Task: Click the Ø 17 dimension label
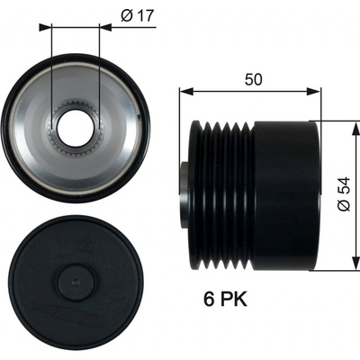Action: pos(137,15)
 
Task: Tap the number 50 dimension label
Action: pos(254,79)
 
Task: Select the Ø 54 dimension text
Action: pos(344,194)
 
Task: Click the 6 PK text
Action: pos(226,299)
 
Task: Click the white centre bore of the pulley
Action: pos(75,130)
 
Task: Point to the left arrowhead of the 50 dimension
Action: pos(186,91)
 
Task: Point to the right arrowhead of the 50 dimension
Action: pos(314,91)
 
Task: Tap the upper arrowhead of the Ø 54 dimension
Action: pos(356,129)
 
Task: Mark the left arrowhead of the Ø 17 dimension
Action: pos(45,28)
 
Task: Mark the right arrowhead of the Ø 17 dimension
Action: pos(105,28)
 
